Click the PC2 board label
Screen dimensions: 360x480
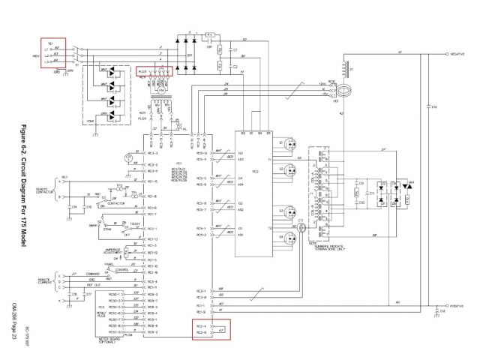click(x=256, y=171)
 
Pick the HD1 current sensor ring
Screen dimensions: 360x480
click(x=345, y=94)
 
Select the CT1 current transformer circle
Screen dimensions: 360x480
click(x=301, y=226)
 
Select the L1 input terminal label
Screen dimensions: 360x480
click(x=51, y=54)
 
